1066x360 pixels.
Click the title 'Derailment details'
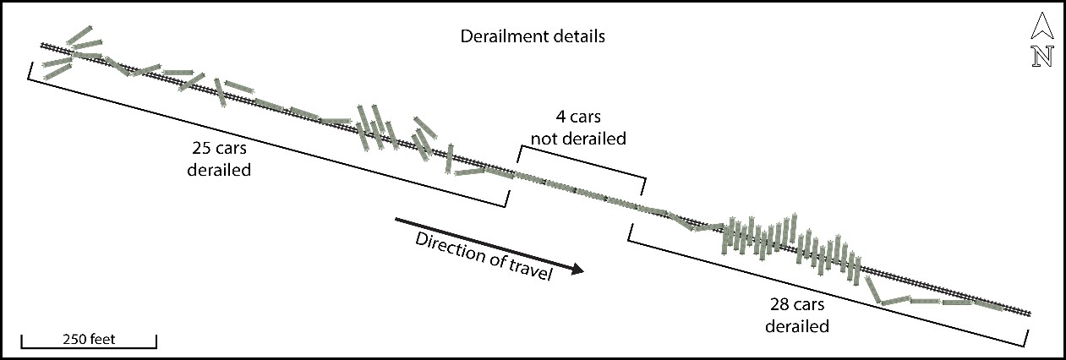tap(532, 37)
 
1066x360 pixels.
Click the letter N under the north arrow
tap(1041, 56)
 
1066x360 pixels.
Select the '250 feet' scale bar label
tap(89, 340)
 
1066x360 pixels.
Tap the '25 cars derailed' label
tap(221, 157)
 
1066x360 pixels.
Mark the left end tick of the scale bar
tap(21, 341)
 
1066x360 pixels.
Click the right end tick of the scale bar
tap(156, 341)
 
